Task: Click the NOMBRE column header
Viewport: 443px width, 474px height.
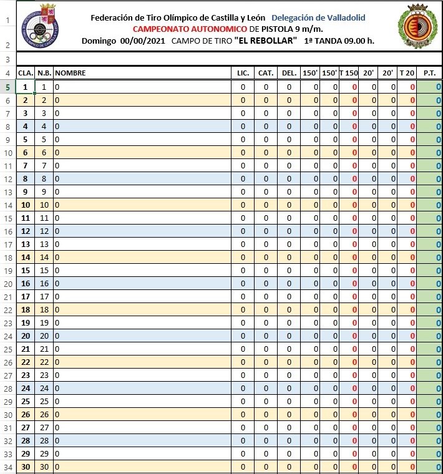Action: [x=71, y=73]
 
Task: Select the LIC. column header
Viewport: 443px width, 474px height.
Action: [x=243, y=73]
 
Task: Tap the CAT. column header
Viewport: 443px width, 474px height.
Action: [x=266, y=73]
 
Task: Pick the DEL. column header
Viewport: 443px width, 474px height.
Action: [x=289, y=73]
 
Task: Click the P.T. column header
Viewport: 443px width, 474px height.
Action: [x=429, y=73]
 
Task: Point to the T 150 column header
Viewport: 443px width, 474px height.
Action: [x=349, y=73]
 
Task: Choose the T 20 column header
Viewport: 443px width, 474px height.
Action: [x=407, y=73]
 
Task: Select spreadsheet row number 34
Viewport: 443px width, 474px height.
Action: [x=7, y=467]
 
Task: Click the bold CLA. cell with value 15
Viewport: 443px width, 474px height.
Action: [x=26, y=270]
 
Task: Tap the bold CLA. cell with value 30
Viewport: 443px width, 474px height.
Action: [x=26, y=467]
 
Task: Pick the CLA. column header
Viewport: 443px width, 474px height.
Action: [x=26, y=73]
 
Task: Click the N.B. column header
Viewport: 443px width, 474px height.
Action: [x=44, y=73]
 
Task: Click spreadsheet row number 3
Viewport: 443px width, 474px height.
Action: [x=7, y=59]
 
